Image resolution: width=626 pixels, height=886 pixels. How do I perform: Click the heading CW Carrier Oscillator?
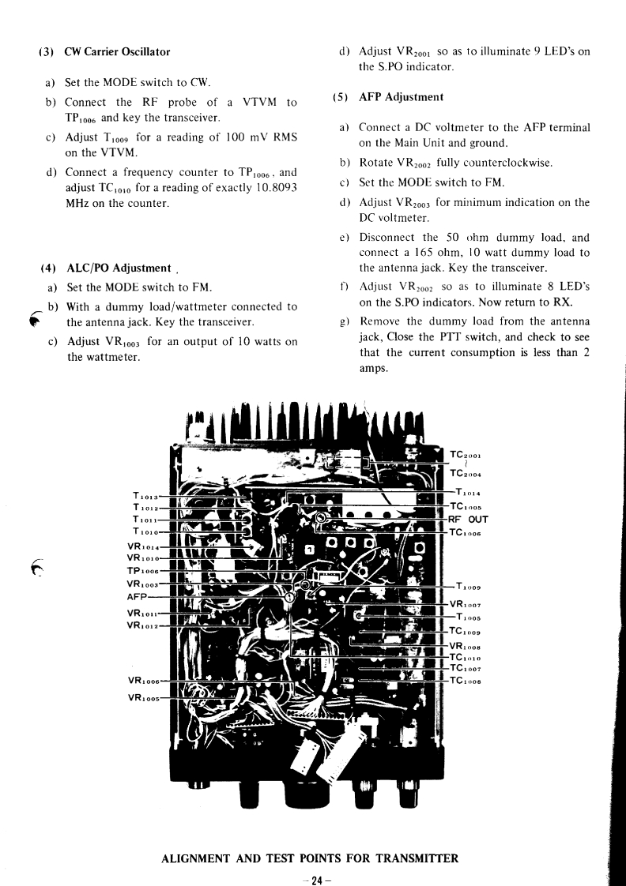tap(117, 52)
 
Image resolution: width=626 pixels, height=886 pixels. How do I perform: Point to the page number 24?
tap(313, 878)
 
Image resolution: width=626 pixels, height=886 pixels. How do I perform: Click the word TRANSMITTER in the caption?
tap(407, 858)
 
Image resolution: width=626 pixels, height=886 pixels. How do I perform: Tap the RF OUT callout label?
tap(468, 520)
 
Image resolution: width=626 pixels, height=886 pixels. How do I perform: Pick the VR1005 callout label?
tap(143, 698)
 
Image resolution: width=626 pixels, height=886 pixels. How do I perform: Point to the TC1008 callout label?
tap(466, 680)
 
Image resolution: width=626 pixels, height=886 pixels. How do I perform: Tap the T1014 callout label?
tap(468, 493)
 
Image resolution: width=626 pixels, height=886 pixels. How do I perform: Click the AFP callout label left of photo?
tap(138, 598)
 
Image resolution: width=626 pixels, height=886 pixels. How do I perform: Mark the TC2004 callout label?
tap(466, 475)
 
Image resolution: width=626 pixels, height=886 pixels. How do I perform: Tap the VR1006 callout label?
tap(143, 681)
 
